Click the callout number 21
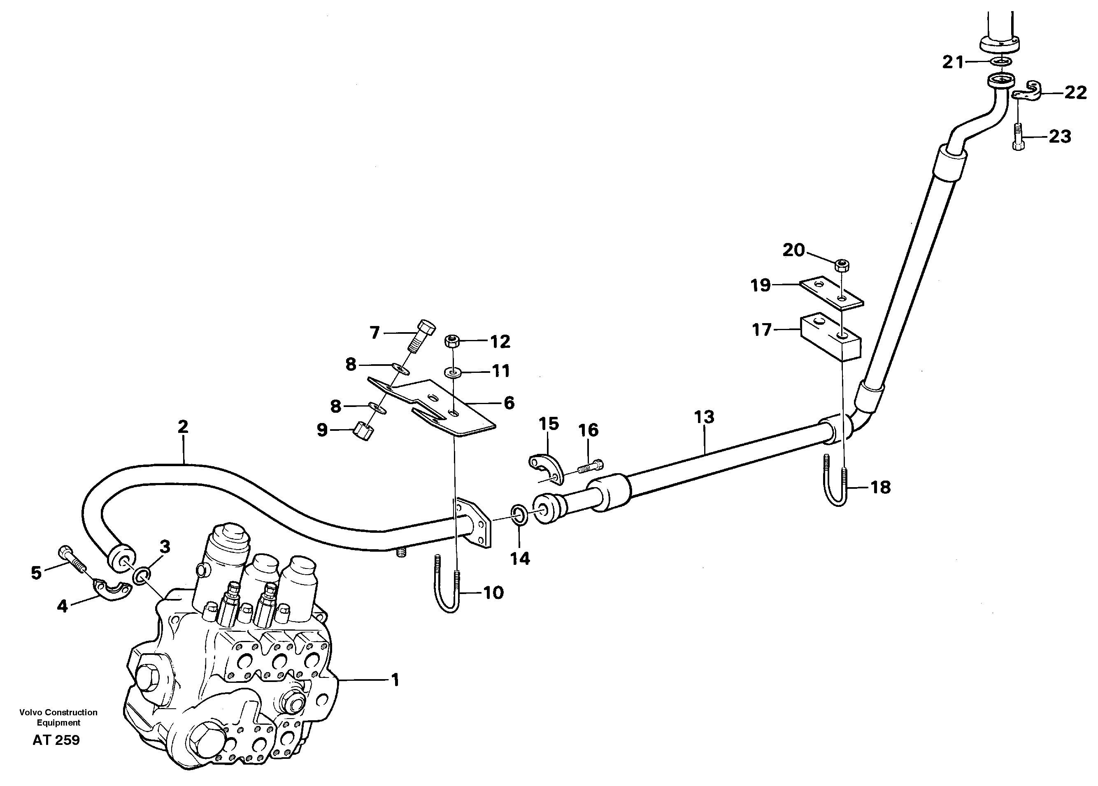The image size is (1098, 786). (x=953, y=62)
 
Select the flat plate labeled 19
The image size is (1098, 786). (x=831, y=292)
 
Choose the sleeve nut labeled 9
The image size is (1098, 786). (x=365, y=430)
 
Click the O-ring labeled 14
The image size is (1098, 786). (x=519, y=514)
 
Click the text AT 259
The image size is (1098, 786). (x=56, y=740)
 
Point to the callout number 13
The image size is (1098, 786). (x=704, y=416)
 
